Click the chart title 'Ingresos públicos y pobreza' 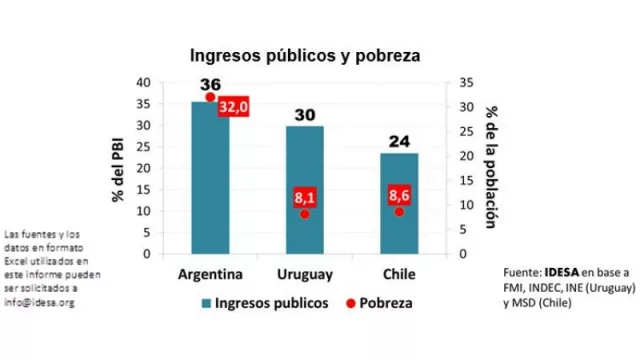click(305, 57)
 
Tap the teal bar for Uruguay click(304, 190)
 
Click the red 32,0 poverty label click(233, 108)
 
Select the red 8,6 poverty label click(398, 197)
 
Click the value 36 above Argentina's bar click(210, 87)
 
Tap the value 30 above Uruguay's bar click(304, 115)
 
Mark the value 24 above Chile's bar click(398, 140)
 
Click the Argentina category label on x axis click(211, 273)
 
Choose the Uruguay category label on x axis click(304, 273)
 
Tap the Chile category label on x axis click(398, 273)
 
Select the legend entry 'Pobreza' click(379, 301)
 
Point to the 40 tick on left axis click(143, 82)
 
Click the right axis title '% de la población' click(492, 167)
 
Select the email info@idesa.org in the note click(39, 301)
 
